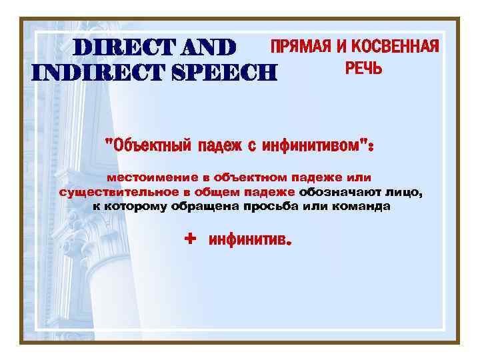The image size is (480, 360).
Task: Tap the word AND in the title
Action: (x=204, y=47)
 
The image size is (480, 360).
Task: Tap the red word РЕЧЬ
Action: (x=363, y=68)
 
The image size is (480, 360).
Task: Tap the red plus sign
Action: (x=191, y=238)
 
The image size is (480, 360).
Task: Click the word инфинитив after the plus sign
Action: (x=247, y=239)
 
